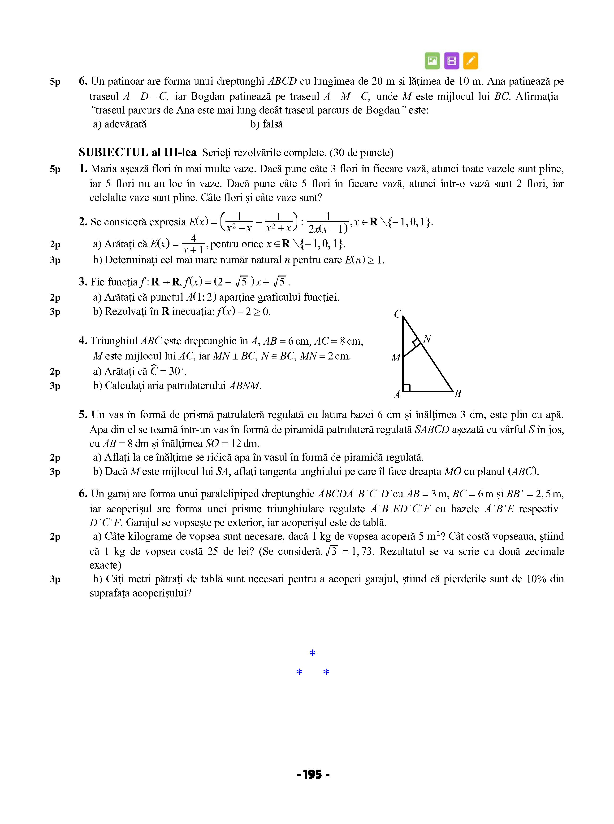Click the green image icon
click(x=432, y=61)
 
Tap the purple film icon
click(x=452, y=61)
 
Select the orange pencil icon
click(x=471, y=61)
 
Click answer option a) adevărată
click(x=120, y=124)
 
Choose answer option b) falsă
click(x=267, y=124)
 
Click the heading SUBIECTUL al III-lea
click(x=138, y=153)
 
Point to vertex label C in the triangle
click(x=398, y=314)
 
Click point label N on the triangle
click(x=428, y=339)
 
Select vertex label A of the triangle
click(x=397, y=395)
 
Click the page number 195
click(x=313, y=775)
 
